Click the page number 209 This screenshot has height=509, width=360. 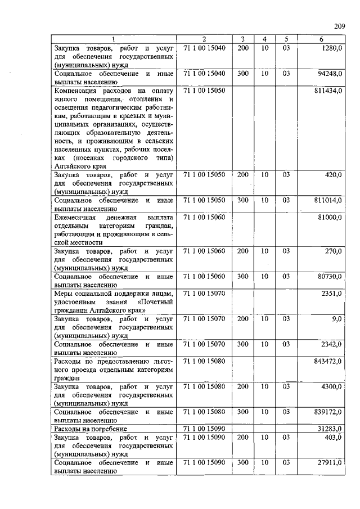[339, 26]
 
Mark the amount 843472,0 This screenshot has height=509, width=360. [328, 361]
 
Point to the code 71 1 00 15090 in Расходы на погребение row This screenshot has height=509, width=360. [204, 429]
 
